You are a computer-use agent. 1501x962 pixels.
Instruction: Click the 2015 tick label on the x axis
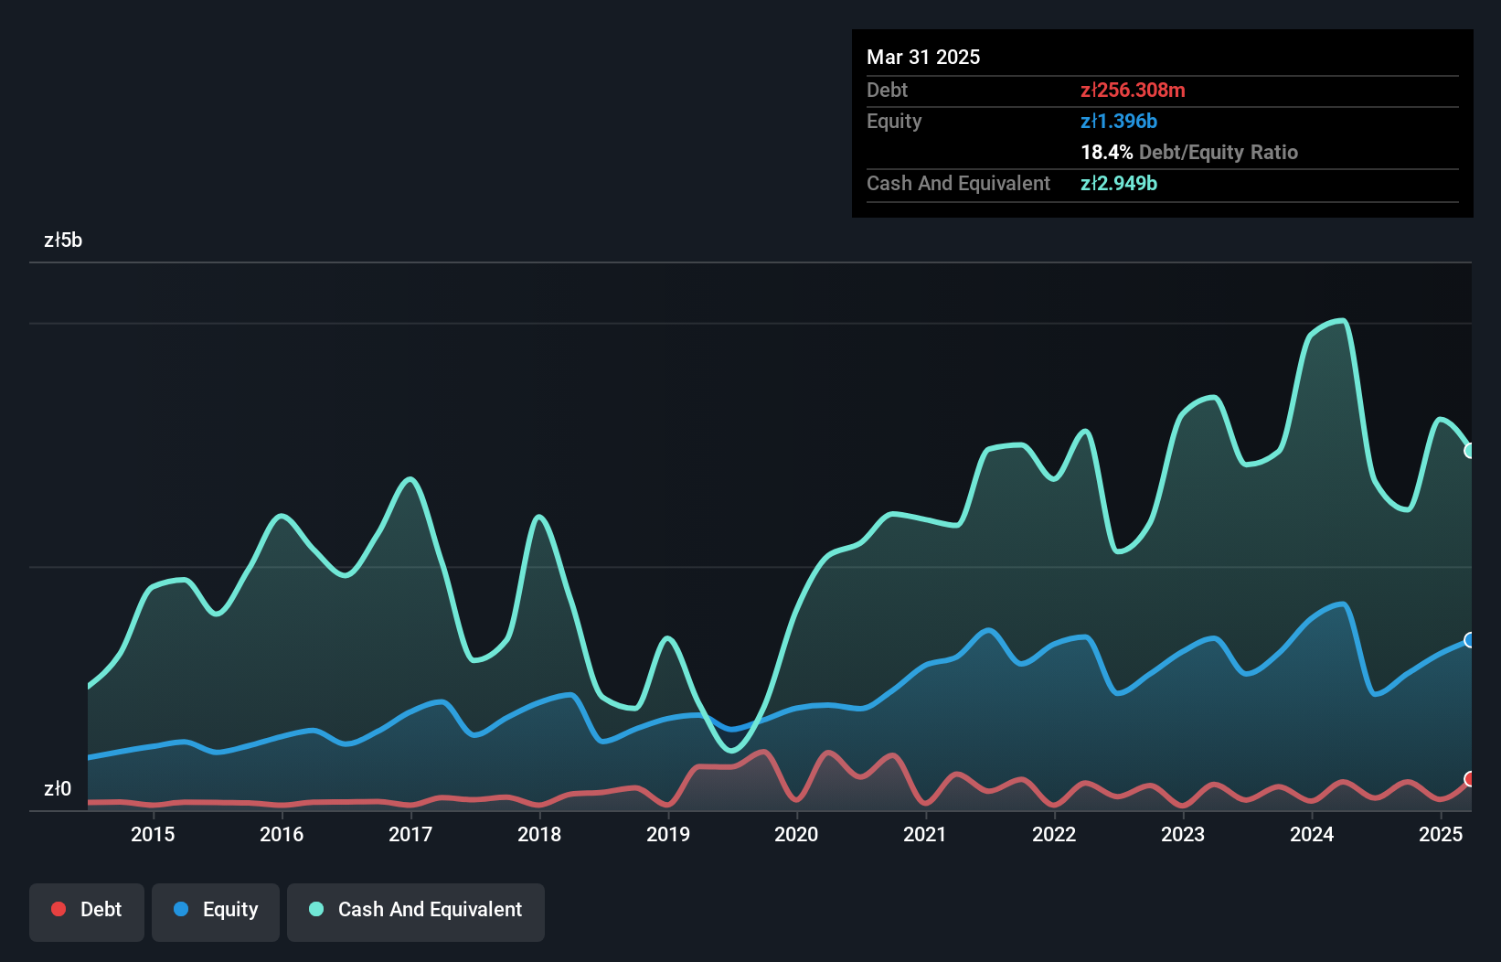click(153, 834)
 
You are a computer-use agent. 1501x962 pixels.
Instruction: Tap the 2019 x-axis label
click(668, 834)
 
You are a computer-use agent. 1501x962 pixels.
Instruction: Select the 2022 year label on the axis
click(1054, 834)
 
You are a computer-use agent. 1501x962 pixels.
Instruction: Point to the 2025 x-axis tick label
click(1441, 834)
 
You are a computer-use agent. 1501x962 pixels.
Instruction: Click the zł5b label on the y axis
click(63, 240)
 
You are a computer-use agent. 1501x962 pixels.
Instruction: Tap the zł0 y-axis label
click(58, 789)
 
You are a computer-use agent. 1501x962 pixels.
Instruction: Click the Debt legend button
click(87, 910)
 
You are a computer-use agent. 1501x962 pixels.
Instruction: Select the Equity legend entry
click(216, 910)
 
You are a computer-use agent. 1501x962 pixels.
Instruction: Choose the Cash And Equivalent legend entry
click(416, 910)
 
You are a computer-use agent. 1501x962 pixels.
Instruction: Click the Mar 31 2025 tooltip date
click(923, 58)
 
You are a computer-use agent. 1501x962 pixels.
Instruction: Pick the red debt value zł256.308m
click(1133, 91)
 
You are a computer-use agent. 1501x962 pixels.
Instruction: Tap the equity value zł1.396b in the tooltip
click(1119, 122)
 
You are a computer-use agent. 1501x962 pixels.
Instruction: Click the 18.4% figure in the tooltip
click(1106, 153)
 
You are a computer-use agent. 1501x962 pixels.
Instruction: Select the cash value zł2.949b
click(1119, 184)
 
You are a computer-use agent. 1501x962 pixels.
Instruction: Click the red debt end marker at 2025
click(1469, 779)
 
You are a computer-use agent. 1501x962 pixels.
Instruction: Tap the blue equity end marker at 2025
click(1469, 640)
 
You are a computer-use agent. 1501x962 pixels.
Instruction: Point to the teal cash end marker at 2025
click(1469, 451)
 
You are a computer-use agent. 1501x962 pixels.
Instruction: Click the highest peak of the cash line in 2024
click(1341, 321)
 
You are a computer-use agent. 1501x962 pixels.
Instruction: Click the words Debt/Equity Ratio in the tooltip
click(1218, 153)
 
